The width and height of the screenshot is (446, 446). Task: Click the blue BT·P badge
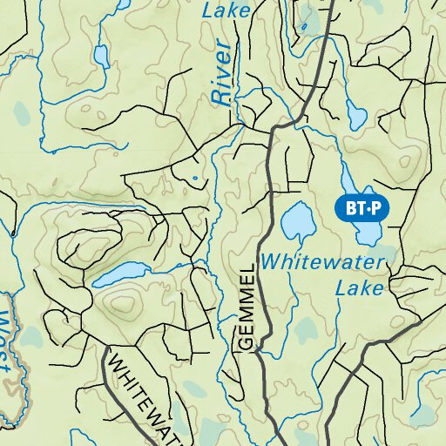[362, 208]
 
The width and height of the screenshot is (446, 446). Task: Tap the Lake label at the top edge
[226, 10]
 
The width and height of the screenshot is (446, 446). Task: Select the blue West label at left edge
[10, 340]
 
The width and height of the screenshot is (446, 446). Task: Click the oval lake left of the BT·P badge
[298, 223]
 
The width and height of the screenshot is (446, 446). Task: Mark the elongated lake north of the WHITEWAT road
[122, 274]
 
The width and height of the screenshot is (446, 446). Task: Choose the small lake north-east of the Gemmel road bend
[356, 113]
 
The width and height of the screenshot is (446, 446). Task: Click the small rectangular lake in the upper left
[102, 57]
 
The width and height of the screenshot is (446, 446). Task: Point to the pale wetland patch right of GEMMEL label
[305, 329]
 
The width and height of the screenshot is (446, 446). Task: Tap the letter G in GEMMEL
[246, 343]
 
